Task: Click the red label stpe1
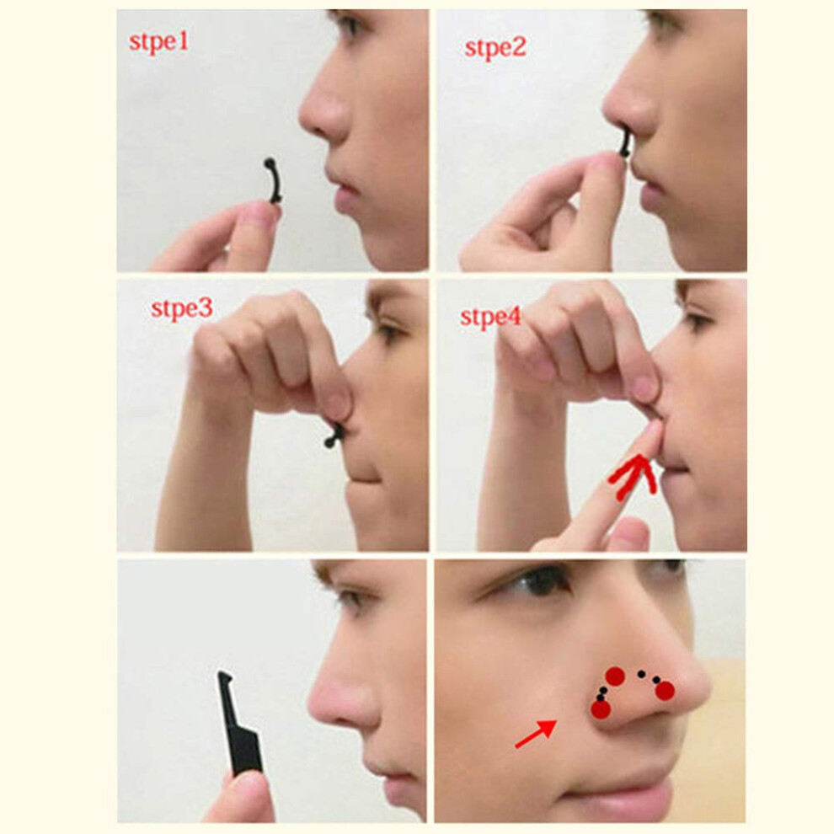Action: (158, 42)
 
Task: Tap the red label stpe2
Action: (495, 47)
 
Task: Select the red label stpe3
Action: (181, 308)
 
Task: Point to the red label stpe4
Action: (490, 317)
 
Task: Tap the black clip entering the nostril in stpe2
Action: (625, 142)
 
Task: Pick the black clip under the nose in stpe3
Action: (334, 436)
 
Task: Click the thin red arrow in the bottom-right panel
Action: (536, 734)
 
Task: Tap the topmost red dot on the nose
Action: (615, 676)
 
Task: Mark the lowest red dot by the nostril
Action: (601, 709)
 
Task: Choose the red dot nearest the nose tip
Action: (665, 691)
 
